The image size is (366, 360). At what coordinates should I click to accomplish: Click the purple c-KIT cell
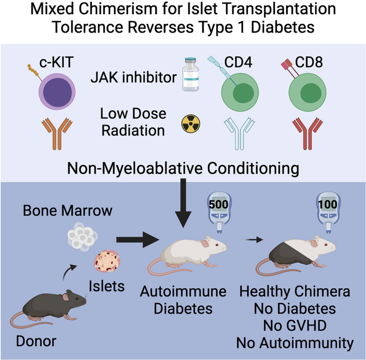tap(57, 92)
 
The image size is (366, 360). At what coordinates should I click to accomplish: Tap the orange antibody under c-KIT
tap(57, 134)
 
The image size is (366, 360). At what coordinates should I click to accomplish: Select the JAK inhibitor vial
tap(190, 74)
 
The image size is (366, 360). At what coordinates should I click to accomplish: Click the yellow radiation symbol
tap(191, 124)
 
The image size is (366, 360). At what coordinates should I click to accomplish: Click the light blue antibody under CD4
tap(239, 134)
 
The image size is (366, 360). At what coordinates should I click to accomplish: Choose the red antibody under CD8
tap(308, 134)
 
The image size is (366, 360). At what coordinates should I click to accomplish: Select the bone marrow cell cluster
tap(82, 236)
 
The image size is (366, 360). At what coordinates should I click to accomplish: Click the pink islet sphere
tap(107, 261)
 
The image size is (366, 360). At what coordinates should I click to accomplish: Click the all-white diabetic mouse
tap(187, 254)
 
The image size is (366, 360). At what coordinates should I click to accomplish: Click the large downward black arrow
tap(183, 203)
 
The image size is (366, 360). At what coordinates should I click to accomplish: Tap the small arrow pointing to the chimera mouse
tap(254, 239)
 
